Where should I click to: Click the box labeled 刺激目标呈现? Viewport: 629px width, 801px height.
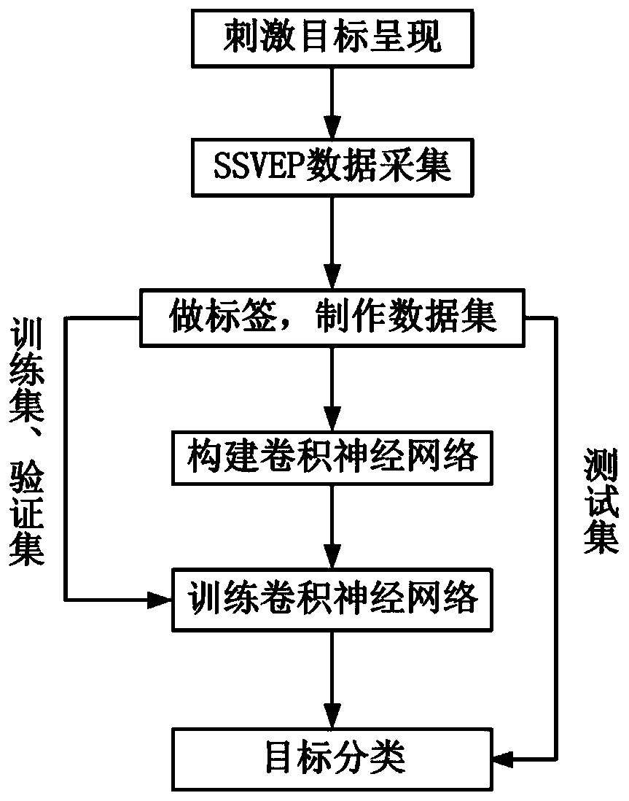[x=332, y=39]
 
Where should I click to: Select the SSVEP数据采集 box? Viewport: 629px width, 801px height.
[x=332, y=168]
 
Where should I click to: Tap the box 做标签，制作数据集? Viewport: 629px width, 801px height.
[x=332, y=319]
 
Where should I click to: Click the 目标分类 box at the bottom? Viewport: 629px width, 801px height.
[x=332, y=758]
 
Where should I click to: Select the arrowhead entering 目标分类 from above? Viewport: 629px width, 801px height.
[x=332, y=722]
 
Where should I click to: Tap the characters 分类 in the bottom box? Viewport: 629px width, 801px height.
[x=379, y=758]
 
